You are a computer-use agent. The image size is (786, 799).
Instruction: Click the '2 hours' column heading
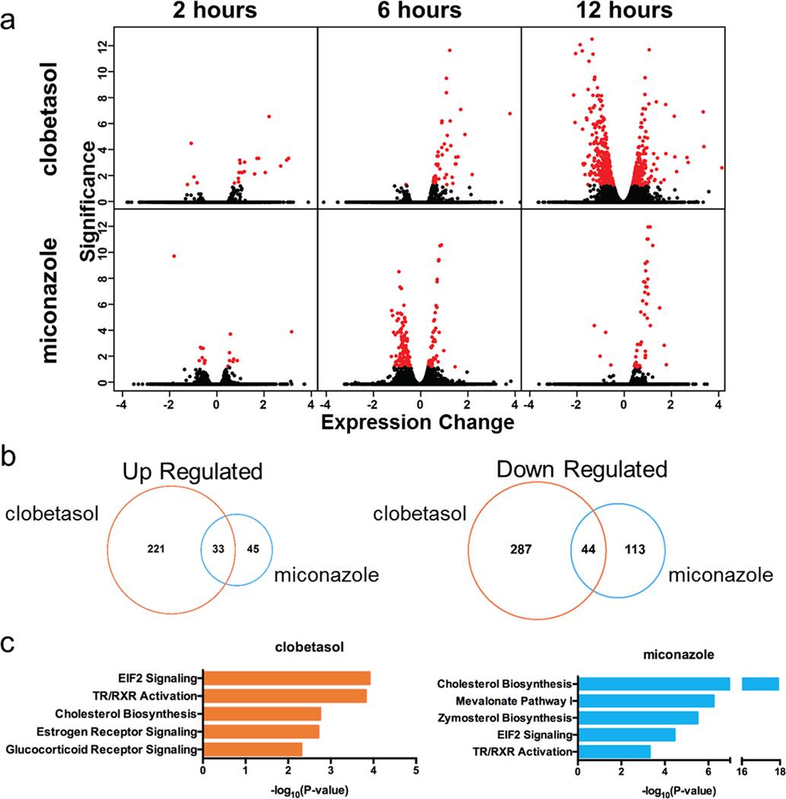[x=215, y=11]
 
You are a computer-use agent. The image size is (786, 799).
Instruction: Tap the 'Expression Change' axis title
[x=418, y=419]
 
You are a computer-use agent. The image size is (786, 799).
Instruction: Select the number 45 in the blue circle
[x=252, y=547]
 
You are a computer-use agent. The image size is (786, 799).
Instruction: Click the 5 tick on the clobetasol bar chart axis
[x=415, y=772]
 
